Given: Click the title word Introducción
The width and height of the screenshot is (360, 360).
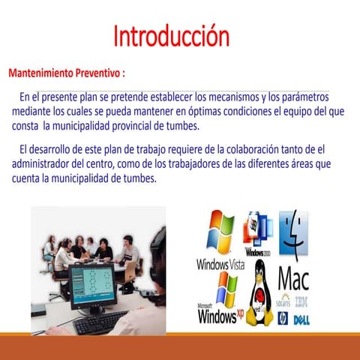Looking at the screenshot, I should tap(171, 35).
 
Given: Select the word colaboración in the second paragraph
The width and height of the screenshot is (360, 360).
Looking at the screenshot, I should tap(256, 148).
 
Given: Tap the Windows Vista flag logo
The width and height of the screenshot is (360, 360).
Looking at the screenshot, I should tap(221, 232).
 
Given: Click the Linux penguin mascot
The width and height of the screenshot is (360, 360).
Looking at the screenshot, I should tap(259, 294).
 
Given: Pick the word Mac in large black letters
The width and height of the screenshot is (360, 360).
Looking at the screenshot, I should tap(293, 279).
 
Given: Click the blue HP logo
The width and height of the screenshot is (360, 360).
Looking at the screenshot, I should tap(283, 318).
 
